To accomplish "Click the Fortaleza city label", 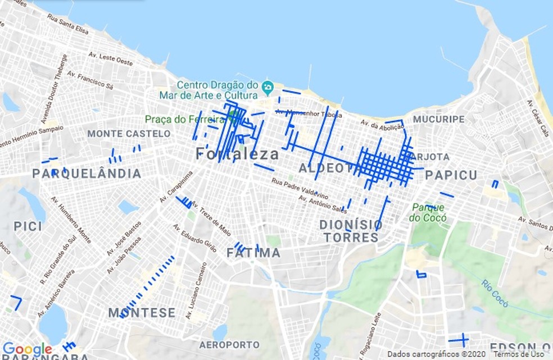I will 238,154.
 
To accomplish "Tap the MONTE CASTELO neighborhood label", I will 129,134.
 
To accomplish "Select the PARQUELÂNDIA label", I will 87,174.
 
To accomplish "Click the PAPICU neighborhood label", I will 451,175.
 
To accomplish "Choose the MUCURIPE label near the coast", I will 439,120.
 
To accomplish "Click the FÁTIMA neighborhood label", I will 253,253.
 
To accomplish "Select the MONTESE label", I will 142,313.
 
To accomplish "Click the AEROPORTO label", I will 229,344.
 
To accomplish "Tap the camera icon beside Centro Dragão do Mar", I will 268,86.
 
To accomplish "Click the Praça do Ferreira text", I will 185,119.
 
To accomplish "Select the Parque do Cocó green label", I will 428,212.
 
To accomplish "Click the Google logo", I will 27,350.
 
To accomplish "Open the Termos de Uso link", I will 519,354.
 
